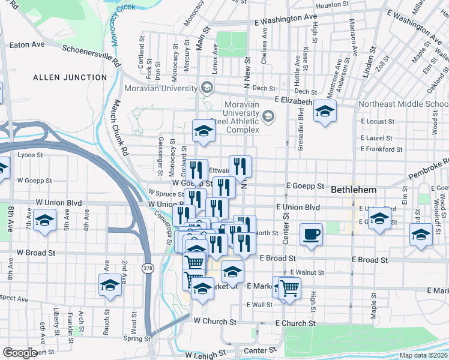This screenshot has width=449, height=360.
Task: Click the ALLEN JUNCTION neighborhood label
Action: (x=70, y=77)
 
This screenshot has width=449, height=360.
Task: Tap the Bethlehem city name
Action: (x=354, y=190)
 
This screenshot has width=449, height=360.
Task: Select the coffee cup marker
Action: (x=310, y=235)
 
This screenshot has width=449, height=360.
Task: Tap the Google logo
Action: (x=20, y=353)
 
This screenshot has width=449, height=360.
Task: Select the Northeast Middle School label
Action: (x=403, y=104)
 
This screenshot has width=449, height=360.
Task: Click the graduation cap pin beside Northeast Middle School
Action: (x=325, y=112)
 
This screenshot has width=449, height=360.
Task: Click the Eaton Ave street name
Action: (x=27, y=44)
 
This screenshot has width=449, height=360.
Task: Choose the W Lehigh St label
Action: (x=206, y=353)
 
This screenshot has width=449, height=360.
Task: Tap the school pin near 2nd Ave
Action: (x=110, y=286)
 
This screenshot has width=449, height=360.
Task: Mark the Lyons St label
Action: (x=31, y=155)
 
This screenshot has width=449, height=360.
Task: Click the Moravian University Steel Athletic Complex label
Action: (x=242, y=117)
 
